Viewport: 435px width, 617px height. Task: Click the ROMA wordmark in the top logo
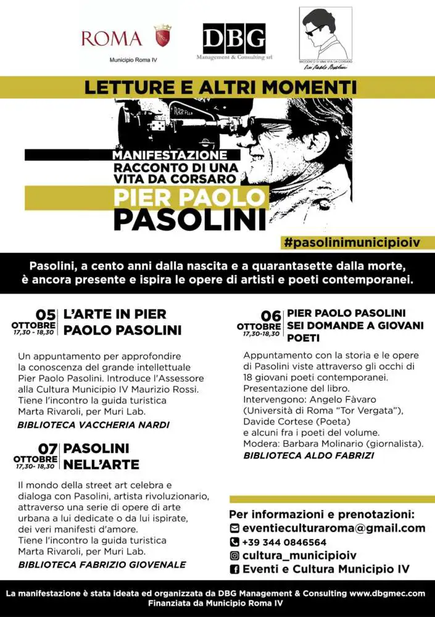tap(112, 38)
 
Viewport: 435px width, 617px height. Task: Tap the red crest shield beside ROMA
tap(162, 36)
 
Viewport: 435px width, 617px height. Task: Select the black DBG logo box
tap(234, 38)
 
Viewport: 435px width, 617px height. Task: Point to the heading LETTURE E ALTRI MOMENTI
tap(220, 86)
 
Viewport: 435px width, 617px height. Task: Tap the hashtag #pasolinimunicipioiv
tap(352, 242)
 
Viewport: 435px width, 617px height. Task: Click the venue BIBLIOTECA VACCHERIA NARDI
tap(94, 424)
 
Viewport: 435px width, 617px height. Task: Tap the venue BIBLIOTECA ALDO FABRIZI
tap(309, 455)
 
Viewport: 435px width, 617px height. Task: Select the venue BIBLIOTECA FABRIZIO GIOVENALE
tap(102, 564)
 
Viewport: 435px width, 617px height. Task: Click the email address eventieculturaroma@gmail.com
tap(333, 528)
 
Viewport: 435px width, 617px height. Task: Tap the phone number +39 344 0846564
tap(284, 542)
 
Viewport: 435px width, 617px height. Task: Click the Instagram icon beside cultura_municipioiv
tap(234, 555)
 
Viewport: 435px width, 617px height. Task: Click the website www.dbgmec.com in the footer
tap(387, 594)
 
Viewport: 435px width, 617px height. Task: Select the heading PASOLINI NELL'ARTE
tap(101, 456)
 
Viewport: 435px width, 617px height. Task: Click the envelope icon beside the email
tap(234, 528)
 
